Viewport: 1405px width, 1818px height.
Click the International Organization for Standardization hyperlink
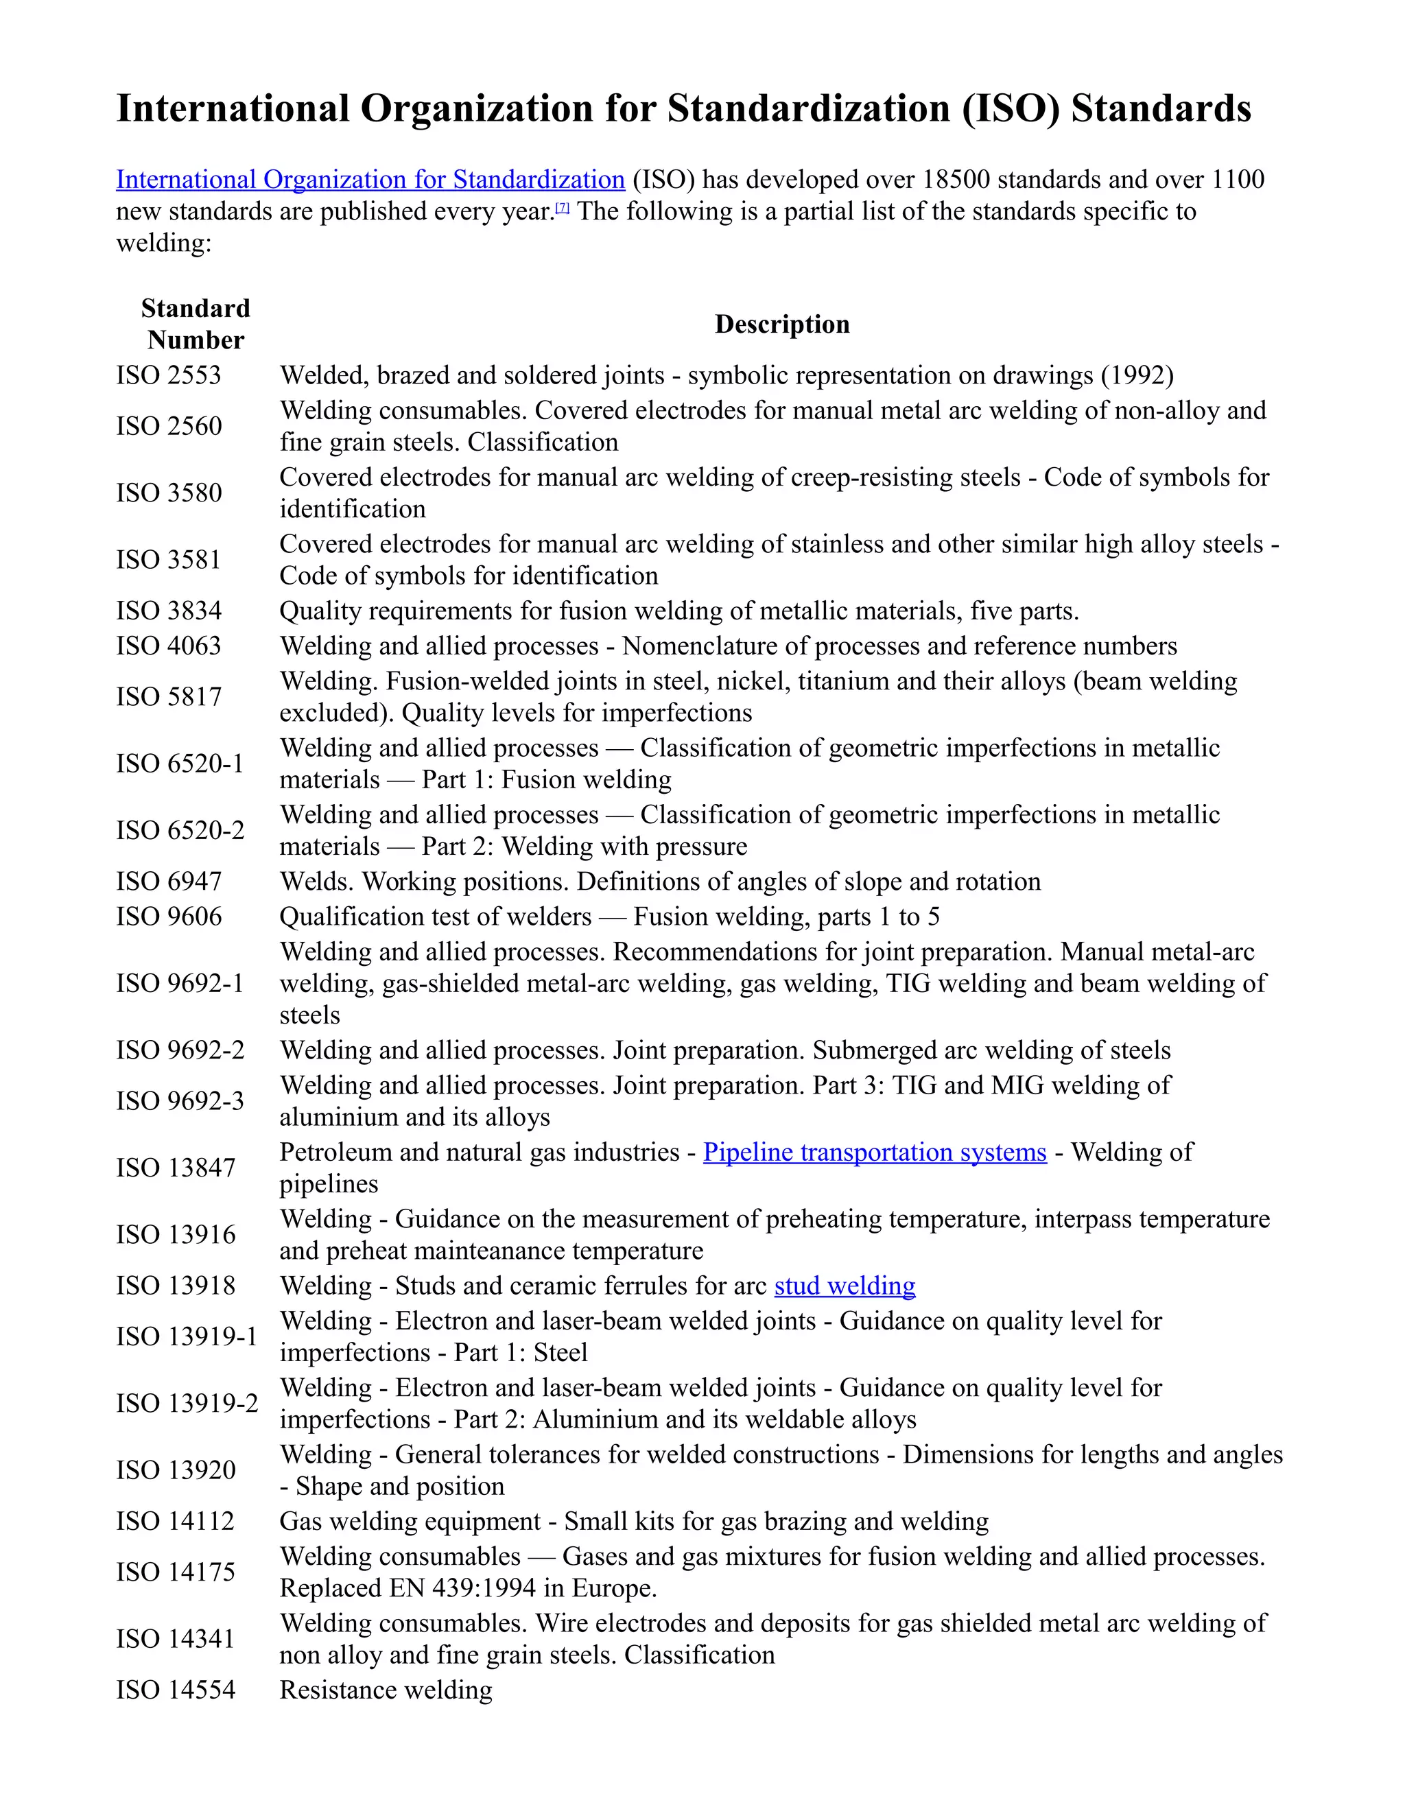[x=370, y=179]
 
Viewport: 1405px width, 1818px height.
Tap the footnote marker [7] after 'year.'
[x=563, y=208]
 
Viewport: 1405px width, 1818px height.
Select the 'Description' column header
[x=781, y=324]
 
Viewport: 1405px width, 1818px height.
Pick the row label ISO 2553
[x=168, y=375]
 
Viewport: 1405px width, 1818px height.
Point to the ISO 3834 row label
[x=169, y=611]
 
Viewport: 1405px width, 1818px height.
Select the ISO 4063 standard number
[x=169, y=646]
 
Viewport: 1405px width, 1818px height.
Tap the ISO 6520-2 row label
[x=180, y=830]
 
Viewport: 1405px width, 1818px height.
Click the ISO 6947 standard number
[x=169, y=882]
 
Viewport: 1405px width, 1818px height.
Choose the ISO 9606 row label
[x=169, y=917]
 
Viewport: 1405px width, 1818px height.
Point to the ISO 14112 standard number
[x=175, y=1521]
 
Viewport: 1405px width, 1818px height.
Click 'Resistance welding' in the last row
[x=386, y=1690]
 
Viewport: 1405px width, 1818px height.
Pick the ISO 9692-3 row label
[x=180, y=1100]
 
